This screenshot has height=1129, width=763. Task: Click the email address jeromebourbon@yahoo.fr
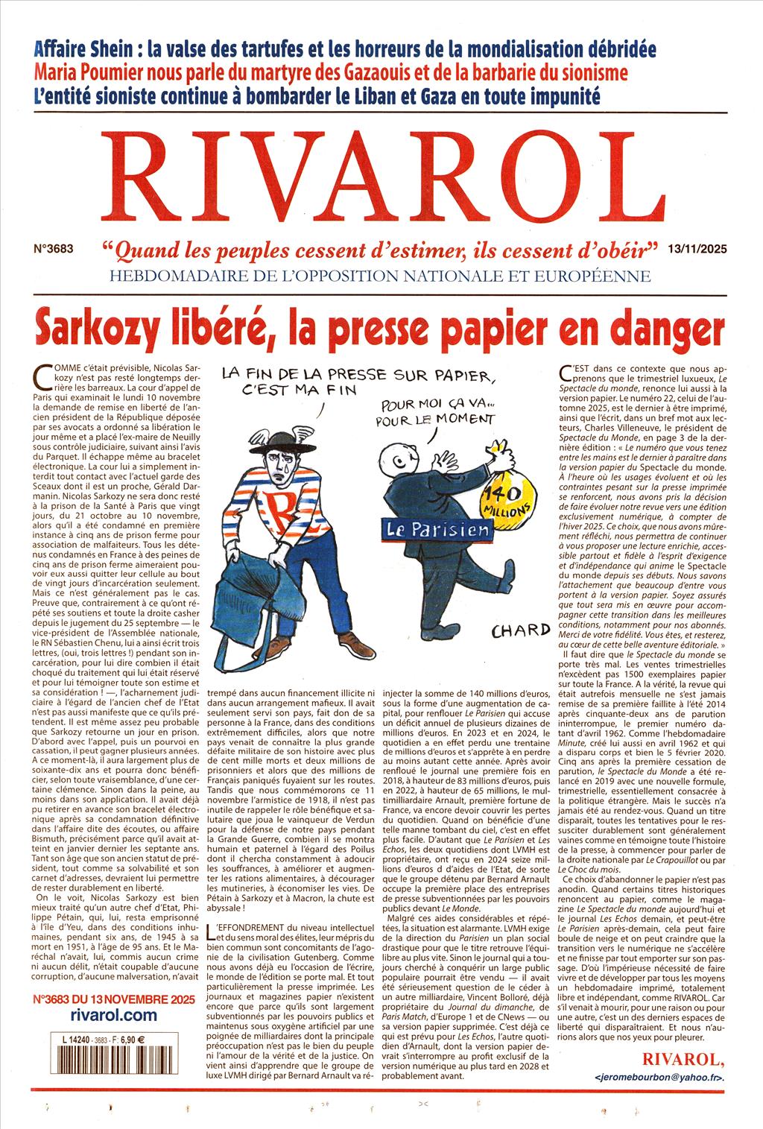(x=660, y=1078)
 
